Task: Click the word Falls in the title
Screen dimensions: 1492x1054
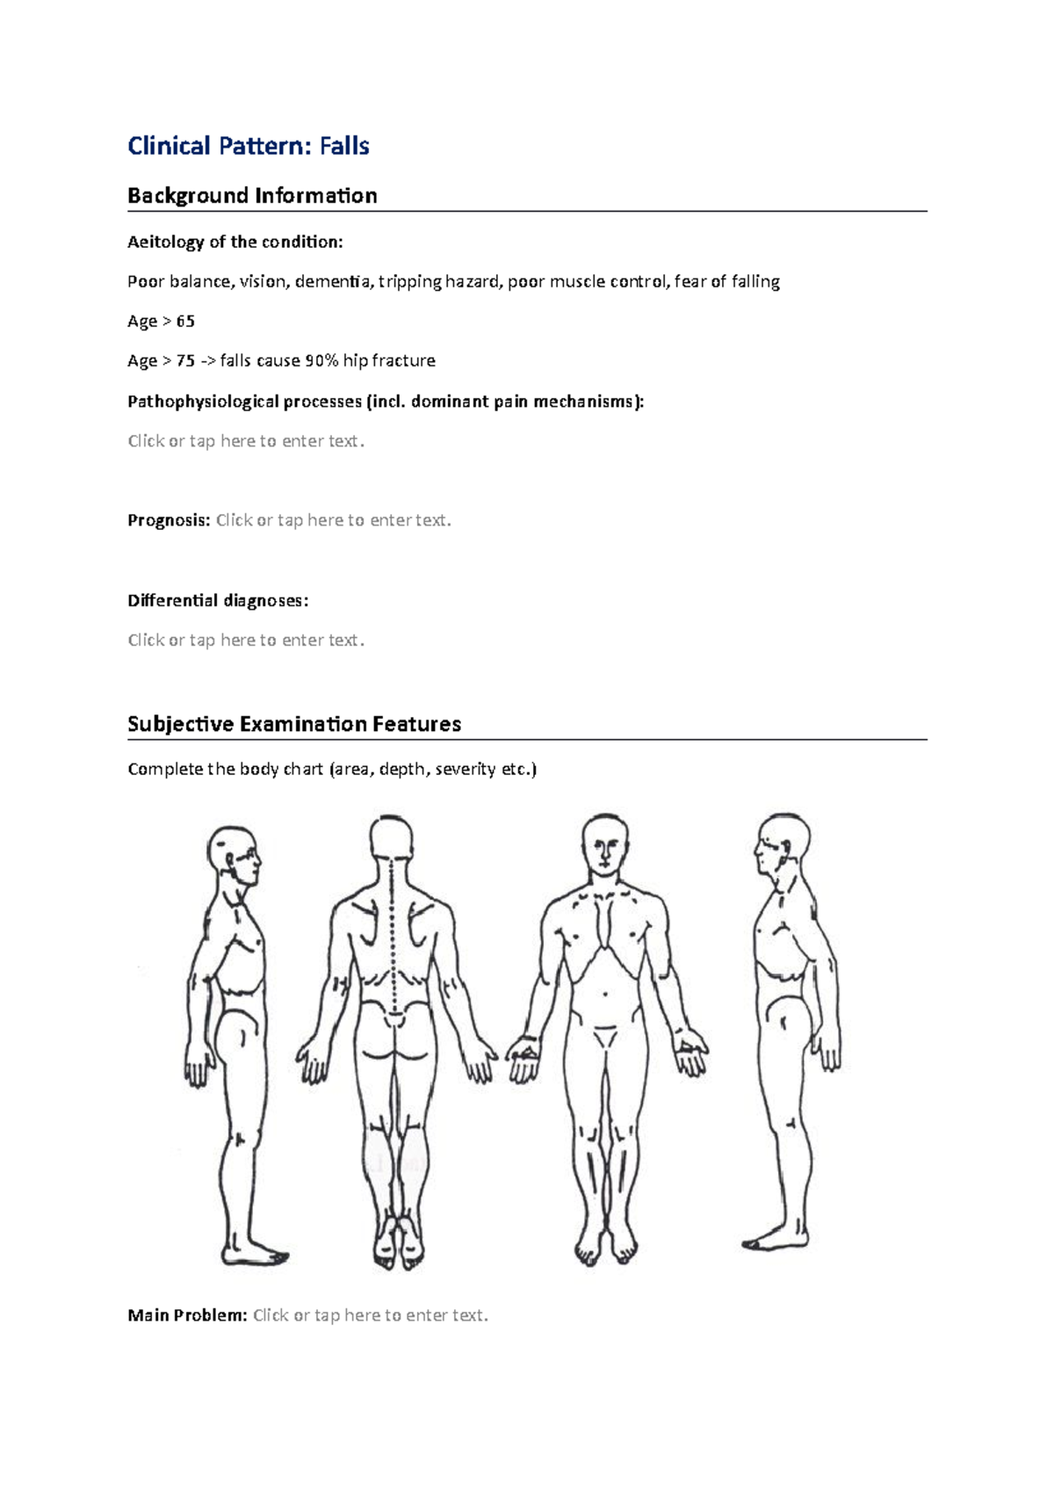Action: (x=344, y=146)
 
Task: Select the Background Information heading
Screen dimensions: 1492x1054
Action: (x=252, y=196)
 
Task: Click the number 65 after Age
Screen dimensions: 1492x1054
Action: (x=185, y=321)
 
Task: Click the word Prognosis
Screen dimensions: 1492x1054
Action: (x=168, y=520)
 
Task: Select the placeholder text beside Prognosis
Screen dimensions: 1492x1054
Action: (x=334, y=520)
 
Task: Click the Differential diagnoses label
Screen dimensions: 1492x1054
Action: (x=218, y=600)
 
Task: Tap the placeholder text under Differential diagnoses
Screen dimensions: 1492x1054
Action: (x=246, y=640)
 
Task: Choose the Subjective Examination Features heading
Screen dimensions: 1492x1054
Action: (x=294, y=724)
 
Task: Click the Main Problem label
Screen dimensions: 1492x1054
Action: (x=187, y=1315)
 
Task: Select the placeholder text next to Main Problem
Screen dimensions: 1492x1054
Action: (x=371, y=1315)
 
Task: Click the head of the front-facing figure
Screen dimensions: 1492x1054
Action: (x=605, y=843)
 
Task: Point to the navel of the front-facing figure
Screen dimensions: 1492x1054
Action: (x=605, y=995)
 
